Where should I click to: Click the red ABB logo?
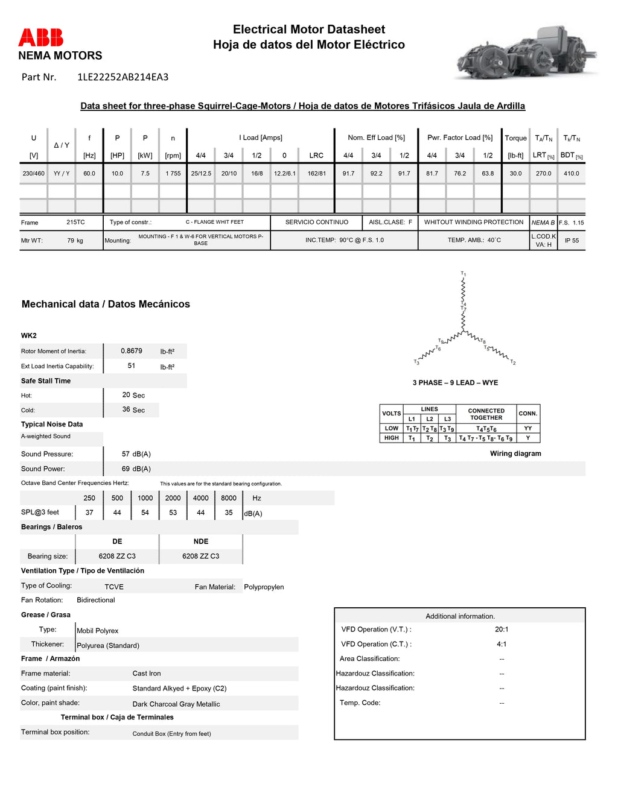click(x=40, y=37)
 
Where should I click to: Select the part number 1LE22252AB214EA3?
click(x=123, y=77)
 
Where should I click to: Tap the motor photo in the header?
click(x=525, y=52)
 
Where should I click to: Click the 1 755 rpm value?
click(x=173, y=174)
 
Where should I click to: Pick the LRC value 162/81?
click(x=316, y=174)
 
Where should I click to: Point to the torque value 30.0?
click(x=515, y=174)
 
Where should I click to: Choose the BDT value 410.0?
click(x=571, y=174)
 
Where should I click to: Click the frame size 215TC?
click(x=75, y=223)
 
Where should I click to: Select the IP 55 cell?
click(x=571, y=241)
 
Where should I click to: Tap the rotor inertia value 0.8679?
click(x=132, y=351)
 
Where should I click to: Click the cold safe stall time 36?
click(x=126, y=409)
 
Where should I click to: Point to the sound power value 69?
click(x=126, y=469)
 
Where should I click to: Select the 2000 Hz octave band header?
click(x=173, y=498)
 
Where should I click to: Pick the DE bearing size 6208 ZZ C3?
click(x=117, y=556)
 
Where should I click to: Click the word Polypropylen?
click(x=264, y=587)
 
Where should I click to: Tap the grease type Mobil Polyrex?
click(x=97, y=631)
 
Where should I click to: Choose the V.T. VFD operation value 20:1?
click(x=502, y=630)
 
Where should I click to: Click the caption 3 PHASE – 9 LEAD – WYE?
click(x=455, y=383)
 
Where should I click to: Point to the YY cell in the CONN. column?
click(x=527, y=428)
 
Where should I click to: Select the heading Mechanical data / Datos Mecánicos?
click(x=106, y=305)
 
